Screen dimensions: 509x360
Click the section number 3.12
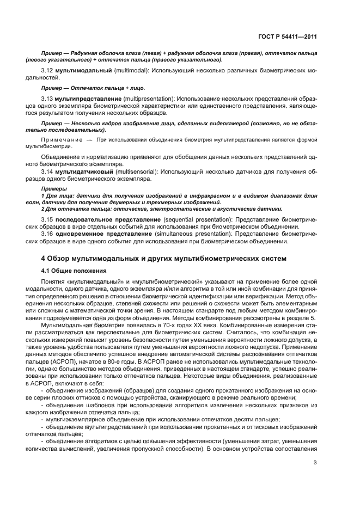47,71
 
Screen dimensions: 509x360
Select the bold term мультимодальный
83,71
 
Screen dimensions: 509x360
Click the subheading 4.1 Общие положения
73,270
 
